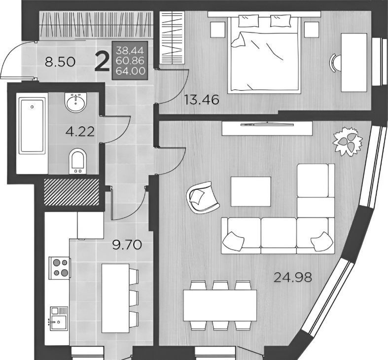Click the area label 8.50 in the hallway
click(60, 62)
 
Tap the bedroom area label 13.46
click(202, 100)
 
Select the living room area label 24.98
click(292, 277)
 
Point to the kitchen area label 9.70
click(127, 245)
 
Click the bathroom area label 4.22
click(80, 132)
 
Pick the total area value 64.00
click(130, 71)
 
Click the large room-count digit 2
click(102, 63)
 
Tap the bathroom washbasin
click(76, 102)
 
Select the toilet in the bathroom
click(77, 161)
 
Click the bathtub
click(32, 126)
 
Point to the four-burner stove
click(60, 267)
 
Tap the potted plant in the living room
click(348, 142)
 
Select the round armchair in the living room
click(203, 197)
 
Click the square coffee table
click(250, 191)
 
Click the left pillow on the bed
click(248, 21)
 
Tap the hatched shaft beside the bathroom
click(71, 192)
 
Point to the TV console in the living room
click(267, 128)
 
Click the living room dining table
click(220, 305)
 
